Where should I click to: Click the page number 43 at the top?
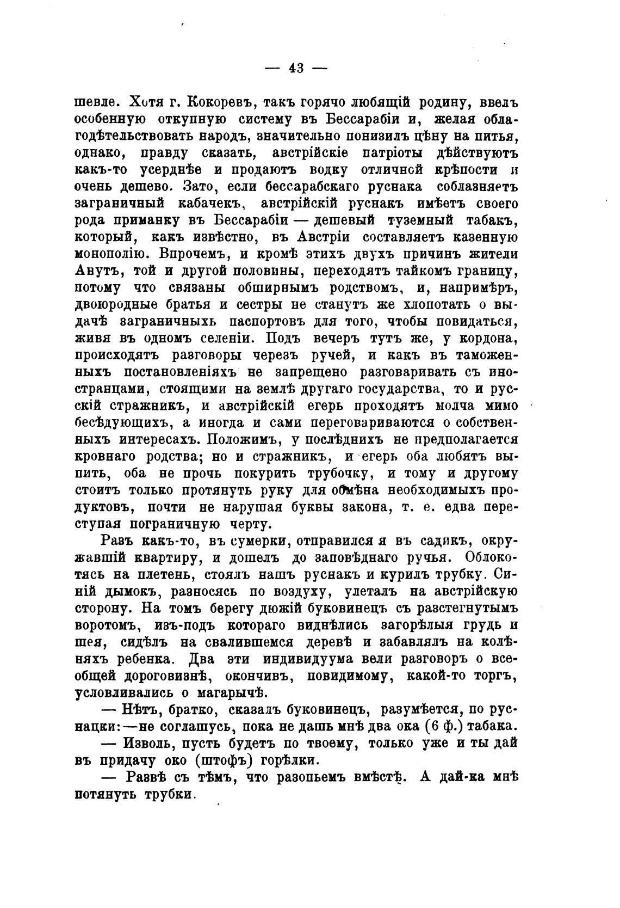pyautogui.click(x=296, y=68)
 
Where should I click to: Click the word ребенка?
pyautogui.click(x=146, y=659)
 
